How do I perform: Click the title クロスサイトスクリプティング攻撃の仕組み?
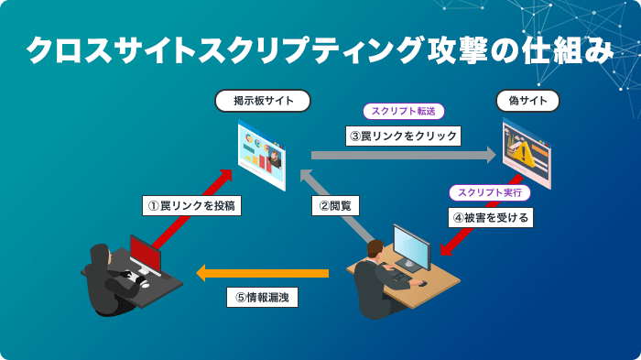click(320, 51)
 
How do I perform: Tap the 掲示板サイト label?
click(262, 100)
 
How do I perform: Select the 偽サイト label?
click(527, 100)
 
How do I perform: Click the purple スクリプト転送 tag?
click(404, 112)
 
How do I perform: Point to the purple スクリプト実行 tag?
click(489, 193)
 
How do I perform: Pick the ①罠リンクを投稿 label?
click(192, 205)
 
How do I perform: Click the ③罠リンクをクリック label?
click(403, 136)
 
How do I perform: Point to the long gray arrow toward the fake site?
click(403, 156)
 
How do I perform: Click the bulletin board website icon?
click(262, 152)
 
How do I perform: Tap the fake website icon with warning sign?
click(527, 151)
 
